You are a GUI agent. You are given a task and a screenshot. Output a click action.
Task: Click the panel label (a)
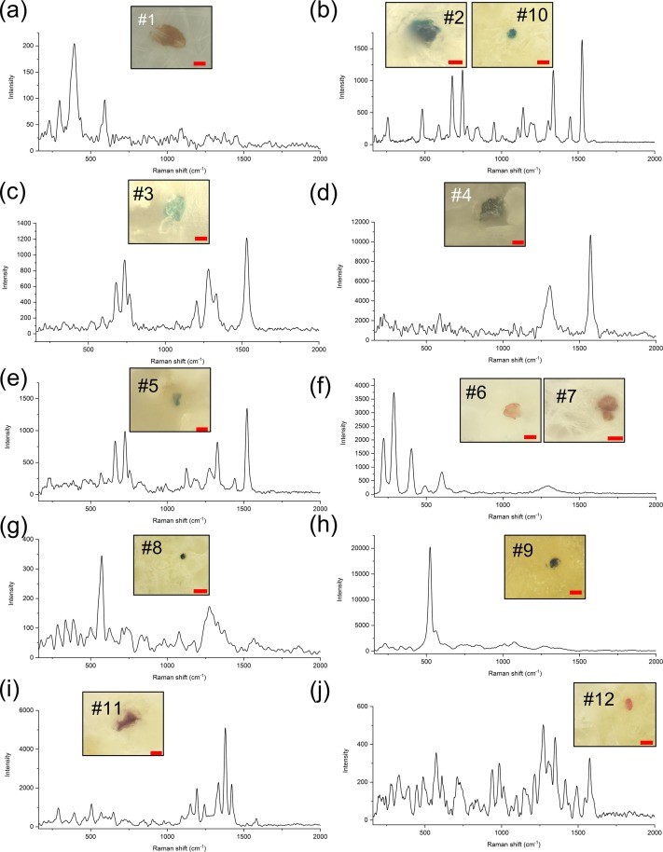coord(16,14)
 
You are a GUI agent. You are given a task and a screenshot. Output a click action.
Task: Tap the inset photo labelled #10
coord(511,34)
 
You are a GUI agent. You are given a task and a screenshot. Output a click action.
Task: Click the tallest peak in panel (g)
coord(102,557)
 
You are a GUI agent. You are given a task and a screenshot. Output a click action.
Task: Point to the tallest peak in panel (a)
coord(75,45)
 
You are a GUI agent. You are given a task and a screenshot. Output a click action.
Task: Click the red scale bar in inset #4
coord(518,242)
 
